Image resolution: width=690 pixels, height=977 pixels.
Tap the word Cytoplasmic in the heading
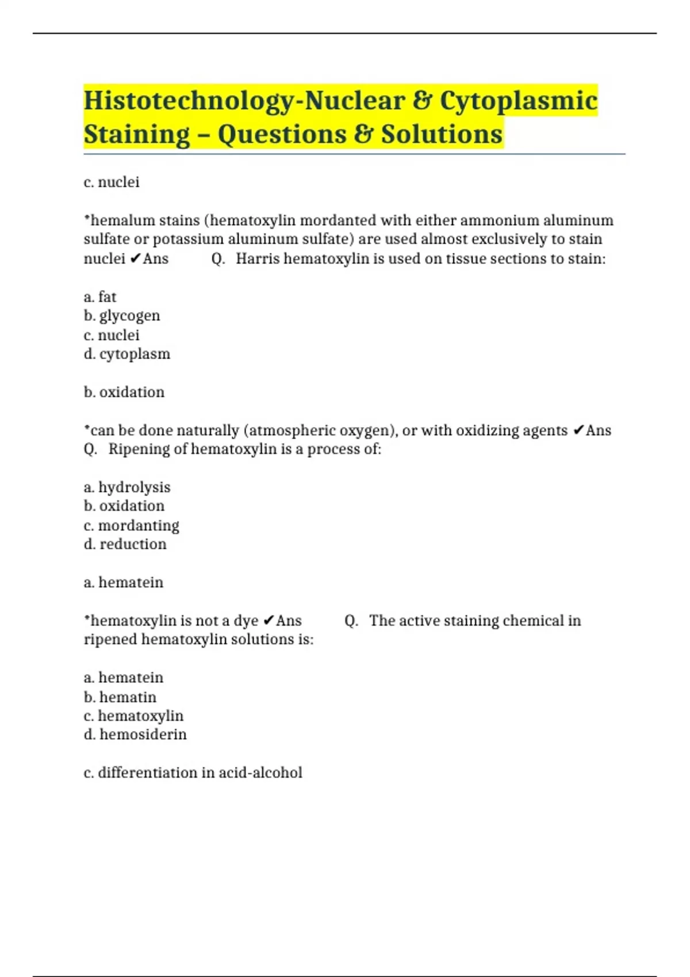click(519, 101)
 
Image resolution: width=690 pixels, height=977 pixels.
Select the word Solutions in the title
click(442, 134)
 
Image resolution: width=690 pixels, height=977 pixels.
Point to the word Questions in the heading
click(282, 134)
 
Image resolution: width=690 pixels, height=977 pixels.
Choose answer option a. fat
click(100, 297)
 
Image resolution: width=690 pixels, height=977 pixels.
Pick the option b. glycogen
click(122, 316)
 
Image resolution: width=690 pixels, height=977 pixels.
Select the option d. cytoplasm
click(127, 353)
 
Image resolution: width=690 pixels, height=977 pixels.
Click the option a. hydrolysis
click(127, 487)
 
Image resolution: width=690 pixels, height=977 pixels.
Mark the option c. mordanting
click(131, 525)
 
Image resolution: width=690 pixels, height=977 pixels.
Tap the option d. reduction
click(125, 544)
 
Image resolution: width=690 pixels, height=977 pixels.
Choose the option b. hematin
click(120, 697)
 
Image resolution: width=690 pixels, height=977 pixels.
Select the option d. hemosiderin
click(135, 734)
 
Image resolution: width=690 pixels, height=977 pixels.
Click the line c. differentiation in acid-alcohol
click(193, 772)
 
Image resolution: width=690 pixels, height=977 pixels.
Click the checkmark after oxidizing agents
click(579, 430)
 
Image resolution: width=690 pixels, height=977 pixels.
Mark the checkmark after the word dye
click(269, 621)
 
